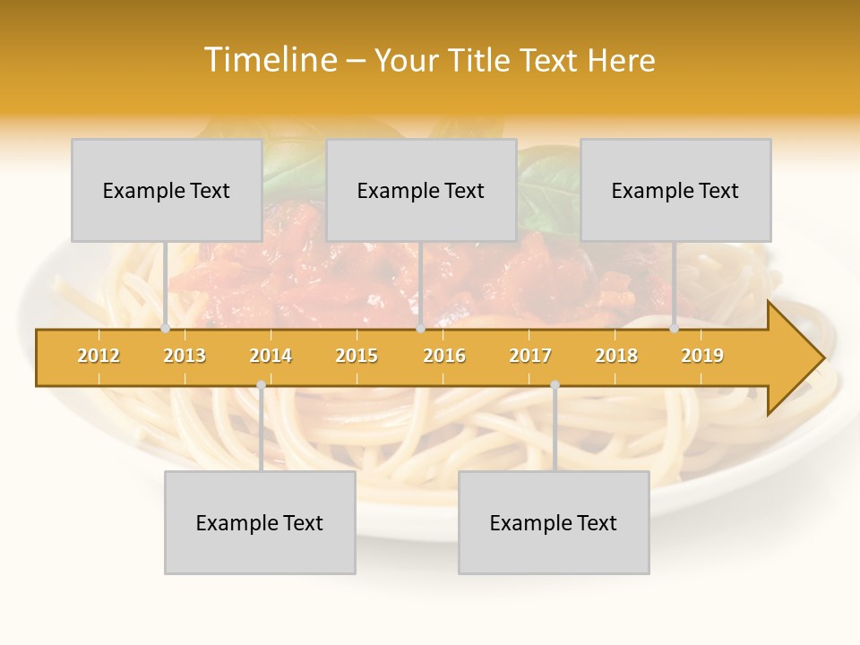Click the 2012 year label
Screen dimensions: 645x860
coord(99,356)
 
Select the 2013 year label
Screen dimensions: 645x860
coord(185,356)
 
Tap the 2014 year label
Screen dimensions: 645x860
coord(271,356)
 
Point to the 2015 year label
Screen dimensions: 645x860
coord(357,356)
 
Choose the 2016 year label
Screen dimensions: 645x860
coord(444,356)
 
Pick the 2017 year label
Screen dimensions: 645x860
coord(530,356)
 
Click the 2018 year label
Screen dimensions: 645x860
coord(616,356)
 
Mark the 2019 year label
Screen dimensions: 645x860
coord(702,356)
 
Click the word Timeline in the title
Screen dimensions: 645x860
coord(270,60)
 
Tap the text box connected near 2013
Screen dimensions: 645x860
coord(167,190)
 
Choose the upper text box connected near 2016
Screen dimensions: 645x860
coord(421,190)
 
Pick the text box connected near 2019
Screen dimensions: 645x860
coord(675,190)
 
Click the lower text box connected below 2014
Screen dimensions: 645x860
coord(260,522)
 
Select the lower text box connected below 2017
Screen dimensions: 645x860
coord(554,522)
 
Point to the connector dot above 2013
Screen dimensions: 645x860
coord(166,329)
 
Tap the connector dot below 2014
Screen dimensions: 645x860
coord(261,385)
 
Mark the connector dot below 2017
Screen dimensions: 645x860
coord(555,385)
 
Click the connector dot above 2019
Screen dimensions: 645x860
coord(675,329)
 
